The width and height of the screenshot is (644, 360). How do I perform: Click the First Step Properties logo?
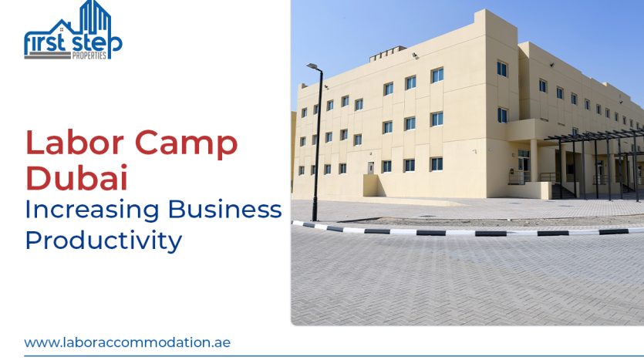click(72, 31)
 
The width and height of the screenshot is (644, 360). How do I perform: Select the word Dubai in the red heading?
click(76, 179)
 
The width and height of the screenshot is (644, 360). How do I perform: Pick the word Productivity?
click(103, 240)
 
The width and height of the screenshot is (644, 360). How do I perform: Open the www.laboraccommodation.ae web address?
click(127, 341)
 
